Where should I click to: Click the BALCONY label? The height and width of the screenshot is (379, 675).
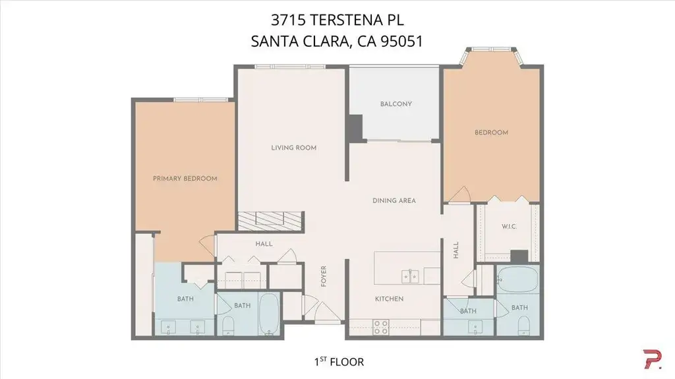pos(396,103)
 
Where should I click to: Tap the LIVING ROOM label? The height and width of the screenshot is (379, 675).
pos(293,148)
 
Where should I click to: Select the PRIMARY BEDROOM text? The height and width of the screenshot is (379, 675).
pos(185,179)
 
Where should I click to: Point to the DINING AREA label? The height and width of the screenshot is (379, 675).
pos(394,200)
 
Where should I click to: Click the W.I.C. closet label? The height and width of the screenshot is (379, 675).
pos(510,226)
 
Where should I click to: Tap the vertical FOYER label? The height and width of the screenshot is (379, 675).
pos(324,276)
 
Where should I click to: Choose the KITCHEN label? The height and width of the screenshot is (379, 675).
pos(389,299)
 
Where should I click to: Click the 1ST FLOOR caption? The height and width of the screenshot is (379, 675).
pos(339,361)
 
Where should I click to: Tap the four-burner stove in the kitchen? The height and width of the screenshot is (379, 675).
pos(380,327)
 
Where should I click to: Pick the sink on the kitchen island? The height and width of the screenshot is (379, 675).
pos(410,276)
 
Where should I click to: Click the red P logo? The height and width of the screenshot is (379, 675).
pos(652,359)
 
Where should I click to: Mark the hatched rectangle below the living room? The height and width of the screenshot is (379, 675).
pos(271,221)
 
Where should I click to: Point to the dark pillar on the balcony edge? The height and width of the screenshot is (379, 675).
pos(355,127)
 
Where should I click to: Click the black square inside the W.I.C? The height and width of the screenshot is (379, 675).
pos(519,256)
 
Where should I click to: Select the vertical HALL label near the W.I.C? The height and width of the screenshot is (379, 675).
pos(456,250)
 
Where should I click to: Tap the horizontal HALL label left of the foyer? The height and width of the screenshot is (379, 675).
pos(264,244)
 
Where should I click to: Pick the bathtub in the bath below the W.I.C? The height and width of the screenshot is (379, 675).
pos(518,280)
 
